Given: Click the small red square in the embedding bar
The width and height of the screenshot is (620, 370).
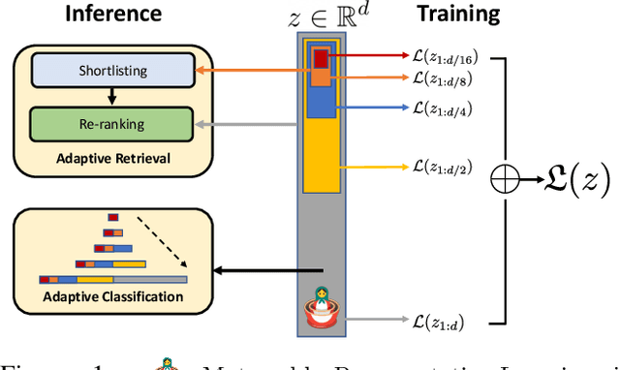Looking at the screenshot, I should click(321, 59).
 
